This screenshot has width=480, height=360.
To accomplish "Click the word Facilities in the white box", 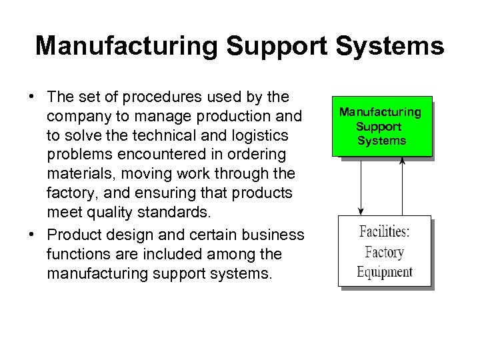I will click(x=385, y=233).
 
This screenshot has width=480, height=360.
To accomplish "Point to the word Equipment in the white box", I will click(x=385, y=271).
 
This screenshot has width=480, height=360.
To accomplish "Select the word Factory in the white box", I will click(x=385, y=252).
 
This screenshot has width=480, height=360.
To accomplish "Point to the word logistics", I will click(x=256, y=136).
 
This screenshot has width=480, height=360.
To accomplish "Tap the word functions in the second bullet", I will click(x=78, y=255).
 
